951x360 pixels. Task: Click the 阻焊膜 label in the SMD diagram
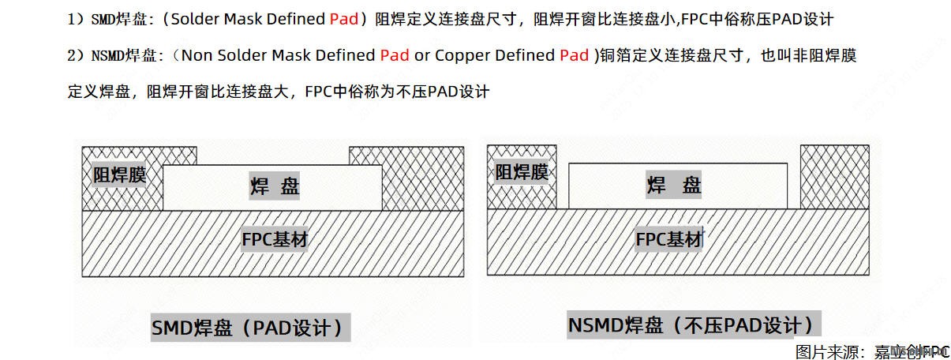[x=120, y=175]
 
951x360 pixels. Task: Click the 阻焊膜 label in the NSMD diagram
[x=522, y=171]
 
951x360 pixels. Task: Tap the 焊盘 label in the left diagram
[x=275, y=186]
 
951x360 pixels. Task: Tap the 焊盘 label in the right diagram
[x=674, y=186]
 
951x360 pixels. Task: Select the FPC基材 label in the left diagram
[x=274, y=240]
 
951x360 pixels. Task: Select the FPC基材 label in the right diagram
[x=669, y=239]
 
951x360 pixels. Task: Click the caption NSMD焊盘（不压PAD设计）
[x=692, y=324]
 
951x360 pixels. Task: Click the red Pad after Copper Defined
[x=575, y=55]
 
